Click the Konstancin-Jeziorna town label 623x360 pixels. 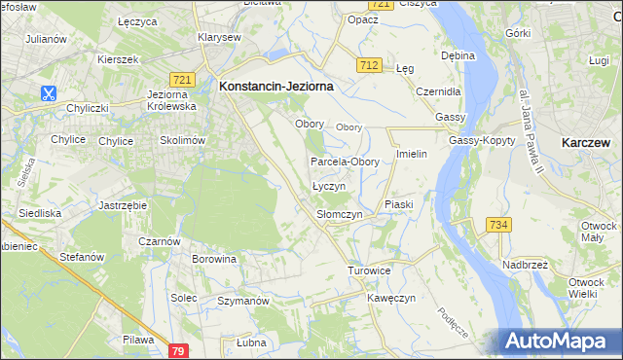(276, 86)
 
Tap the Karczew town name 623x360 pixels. (587, 142)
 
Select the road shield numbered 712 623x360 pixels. (367, 65)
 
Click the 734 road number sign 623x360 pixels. (498, 225)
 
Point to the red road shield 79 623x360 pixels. (177, 349)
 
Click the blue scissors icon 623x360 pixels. (48, 93)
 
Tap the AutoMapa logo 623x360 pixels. (559, 341)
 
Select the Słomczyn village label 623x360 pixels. (340, 214)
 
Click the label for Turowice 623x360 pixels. (369, 270)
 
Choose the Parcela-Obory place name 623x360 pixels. (345, 162)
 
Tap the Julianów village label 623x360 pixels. (46, 39)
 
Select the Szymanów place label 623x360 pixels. (242, 302)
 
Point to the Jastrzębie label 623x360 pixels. (123, 206)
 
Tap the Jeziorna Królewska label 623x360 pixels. (169, 99)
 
